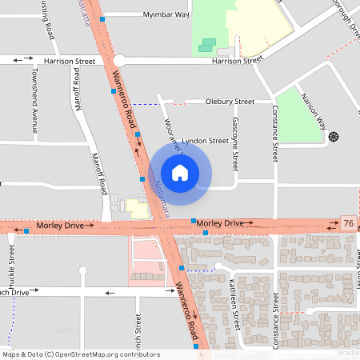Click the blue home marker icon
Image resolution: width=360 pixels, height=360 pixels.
pos(180,172)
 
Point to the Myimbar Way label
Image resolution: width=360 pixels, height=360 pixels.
pos(166,14)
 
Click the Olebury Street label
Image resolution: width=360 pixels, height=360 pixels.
pos(230,102)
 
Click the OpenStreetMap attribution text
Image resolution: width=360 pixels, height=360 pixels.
pos(81,354)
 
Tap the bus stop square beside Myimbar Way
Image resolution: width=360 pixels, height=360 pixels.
pos(102,17)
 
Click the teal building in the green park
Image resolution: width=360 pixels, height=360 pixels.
pos(207,45)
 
